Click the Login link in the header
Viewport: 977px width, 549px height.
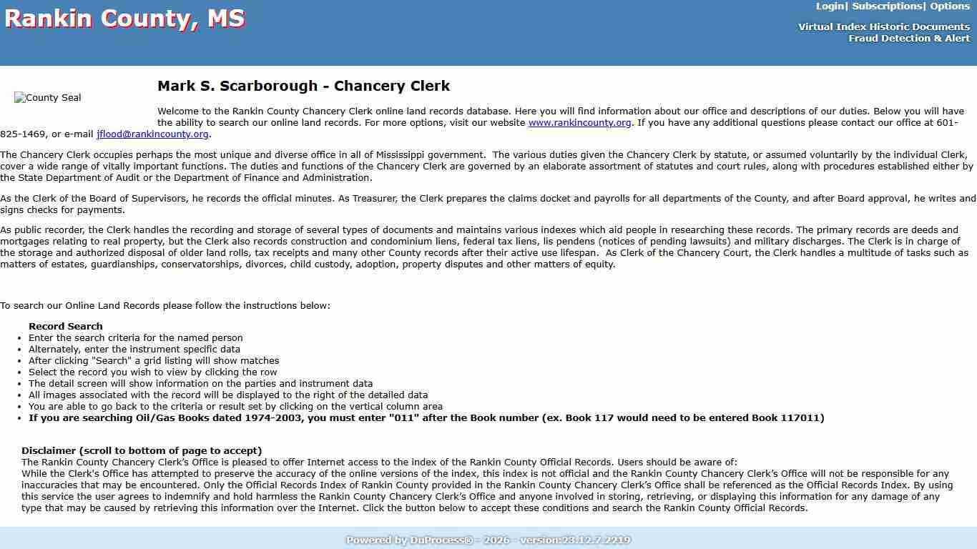click(830, 6)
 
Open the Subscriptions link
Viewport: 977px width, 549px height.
click(886, 6)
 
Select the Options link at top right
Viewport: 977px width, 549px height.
click(949, 6)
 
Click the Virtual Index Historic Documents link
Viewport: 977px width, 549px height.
click(884, 27)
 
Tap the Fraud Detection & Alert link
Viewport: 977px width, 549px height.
click(909, 39)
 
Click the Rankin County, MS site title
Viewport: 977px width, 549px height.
click(124, 19)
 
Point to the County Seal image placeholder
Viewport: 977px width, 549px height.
click(48, 98)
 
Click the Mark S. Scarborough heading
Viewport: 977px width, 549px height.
click(303, 86)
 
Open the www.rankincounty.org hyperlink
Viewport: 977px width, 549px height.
click(579, 123)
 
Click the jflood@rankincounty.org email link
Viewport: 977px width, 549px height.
click(152, 134)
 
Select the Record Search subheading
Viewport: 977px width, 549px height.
click(66, 327)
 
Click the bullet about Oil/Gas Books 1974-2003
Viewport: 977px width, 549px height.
click(426, 418)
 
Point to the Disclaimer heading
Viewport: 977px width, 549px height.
click(142, 451)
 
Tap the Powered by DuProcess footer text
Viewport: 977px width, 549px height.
click(488, 540)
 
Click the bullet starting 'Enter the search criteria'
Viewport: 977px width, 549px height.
click(136, 338)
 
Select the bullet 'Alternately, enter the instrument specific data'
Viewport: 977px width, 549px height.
click(134, 350)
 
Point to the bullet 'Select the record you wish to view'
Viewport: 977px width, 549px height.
click(152, 372)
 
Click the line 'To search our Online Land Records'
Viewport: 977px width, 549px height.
click(165, 306)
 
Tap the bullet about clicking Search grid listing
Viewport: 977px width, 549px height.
click(154, 361)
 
